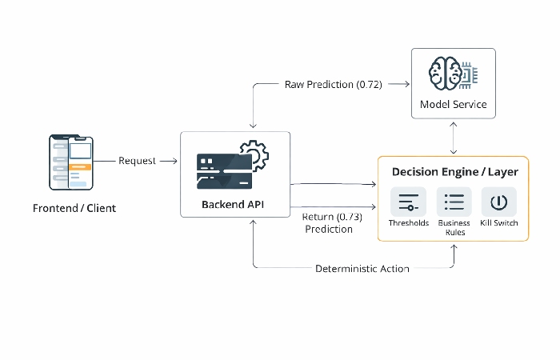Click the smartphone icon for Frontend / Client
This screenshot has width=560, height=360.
(70, 163)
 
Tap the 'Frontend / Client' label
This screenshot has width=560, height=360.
(74, 209)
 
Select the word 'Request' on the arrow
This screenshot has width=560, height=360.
(138, 161)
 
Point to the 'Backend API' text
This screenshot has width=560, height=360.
(233, 205)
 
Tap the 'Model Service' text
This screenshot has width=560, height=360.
(453, 105)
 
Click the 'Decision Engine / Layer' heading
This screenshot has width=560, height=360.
(454, 172)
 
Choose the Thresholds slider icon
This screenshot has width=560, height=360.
(408, 202)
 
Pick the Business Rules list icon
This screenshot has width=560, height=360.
(454, 202)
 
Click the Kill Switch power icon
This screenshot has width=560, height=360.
(498, 202)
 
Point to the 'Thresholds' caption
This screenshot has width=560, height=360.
(408, 223)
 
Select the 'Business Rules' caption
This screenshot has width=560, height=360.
(454, 228)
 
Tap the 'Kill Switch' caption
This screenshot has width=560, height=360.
(498, 223)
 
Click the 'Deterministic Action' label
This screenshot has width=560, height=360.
(362, 269)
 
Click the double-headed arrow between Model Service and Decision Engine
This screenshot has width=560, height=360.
(454, 138)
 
